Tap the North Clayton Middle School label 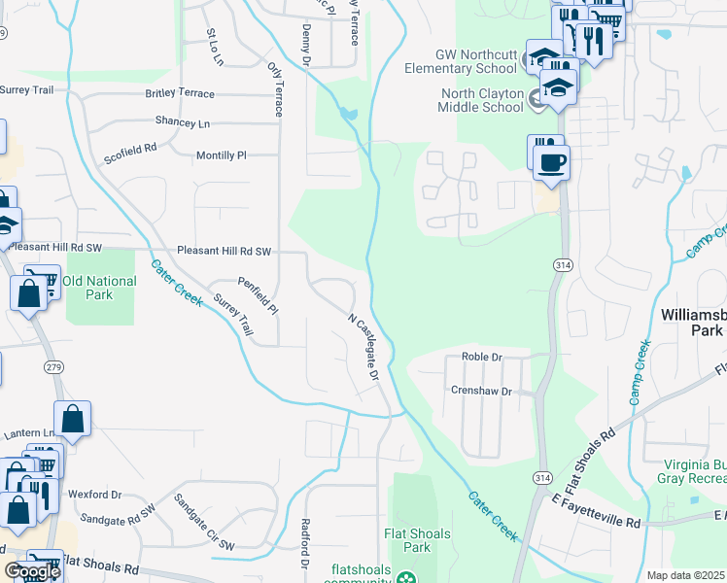tap(482, 100)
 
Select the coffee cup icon tap(552, 162)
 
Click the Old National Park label tap(99, 287)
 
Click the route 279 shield tap(54, 365)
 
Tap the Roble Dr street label tap(481, 358)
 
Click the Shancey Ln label tap(182, 123)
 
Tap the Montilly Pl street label tap(222, 155)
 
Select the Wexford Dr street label tap(94, 494)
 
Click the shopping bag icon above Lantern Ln tap(73, 420)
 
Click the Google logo tap(32, 571)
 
